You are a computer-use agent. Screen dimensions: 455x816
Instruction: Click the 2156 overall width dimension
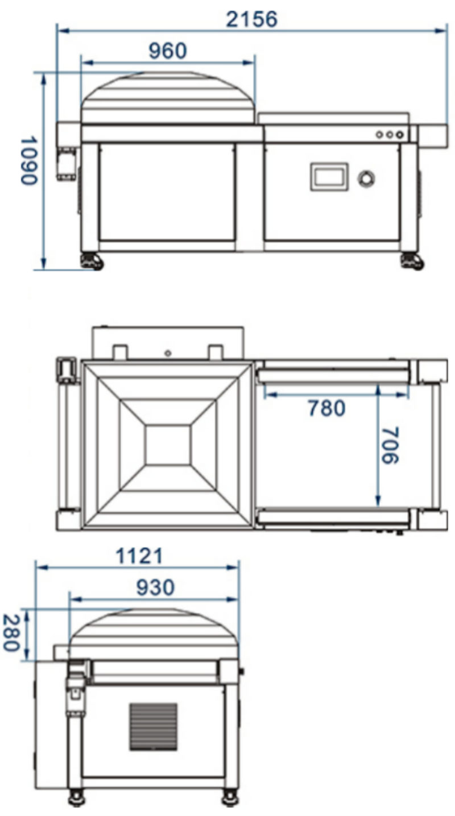tap(252, 19)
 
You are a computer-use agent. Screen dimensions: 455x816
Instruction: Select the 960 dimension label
tap(168, 51)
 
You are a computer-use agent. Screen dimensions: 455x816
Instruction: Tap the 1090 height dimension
tap(29, 161)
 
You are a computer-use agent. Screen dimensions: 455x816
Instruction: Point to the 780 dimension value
tap(326, 408)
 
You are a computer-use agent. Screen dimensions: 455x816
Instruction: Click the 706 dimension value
tap(390, 445)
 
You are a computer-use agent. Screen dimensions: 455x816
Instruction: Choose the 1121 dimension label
tap(139, 556)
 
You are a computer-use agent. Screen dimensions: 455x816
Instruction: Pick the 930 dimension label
tap(155, 587)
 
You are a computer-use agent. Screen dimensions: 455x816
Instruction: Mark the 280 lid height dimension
tap(11, 633)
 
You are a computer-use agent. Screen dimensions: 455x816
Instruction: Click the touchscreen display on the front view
tap(329, 177)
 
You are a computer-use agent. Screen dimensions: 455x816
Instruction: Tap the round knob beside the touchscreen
tap(366, 178)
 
